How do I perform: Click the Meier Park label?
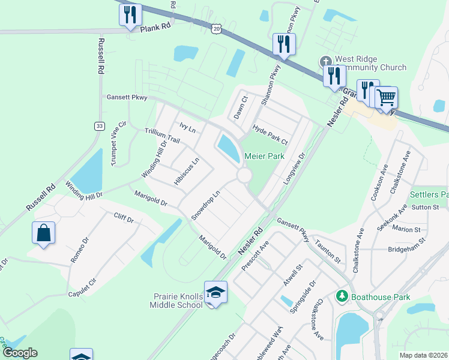coord(264,156)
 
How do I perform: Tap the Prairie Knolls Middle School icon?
coord(215,292)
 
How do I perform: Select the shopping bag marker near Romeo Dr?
coord(44,233)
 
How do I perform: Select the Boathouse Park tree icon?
coord(342,296)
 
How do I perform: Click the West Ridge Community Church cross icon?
coord(325,61)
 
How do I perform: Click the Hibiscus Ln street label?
coord(186,172)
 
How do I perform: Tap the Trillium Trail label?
coord(163,135)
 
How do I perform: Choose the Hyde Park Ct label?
coord(270,135)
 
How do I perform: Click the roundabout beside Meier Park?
coord(244,175)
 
